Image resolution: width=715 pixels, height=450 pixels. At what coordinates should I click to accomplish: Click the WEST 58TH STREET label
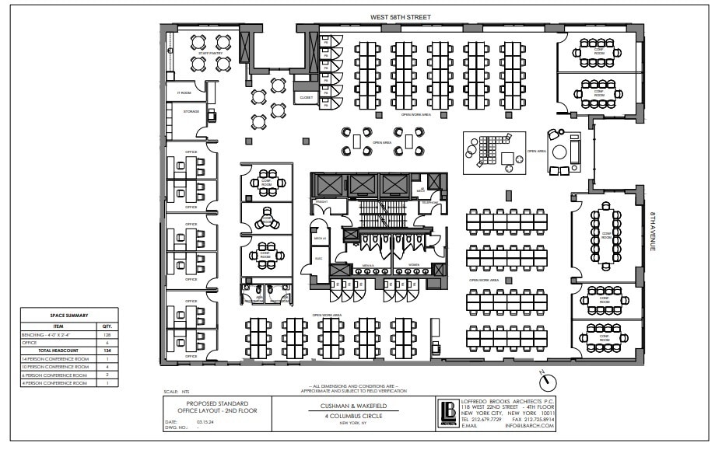pyautogui.click(x=401, y=16)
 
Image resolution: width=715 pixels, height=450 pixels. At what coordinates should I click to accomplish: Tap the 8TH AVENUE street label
pyautogui.click(x=653, y=231)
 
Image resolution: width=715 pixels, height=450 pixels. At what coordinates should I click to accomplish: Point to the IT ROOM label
pyautogui.click(x=184, y=93)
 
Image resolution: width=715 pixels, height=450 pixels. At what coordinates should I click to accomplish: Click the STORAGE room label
pyautogui.click(x=191, y=112)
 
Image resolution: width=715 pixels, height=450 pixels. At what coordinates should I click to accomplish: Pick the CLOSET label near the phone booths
pyautogui.click(x=306, y=99)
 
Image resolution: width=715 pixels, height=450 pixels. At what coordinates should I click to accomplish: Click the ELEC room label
pyautogui.click(x=318, y=258)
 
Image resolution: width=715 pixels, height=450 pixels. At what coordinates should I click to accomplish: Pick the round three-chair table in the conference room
pyautogui.click(x=266, y=220)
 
